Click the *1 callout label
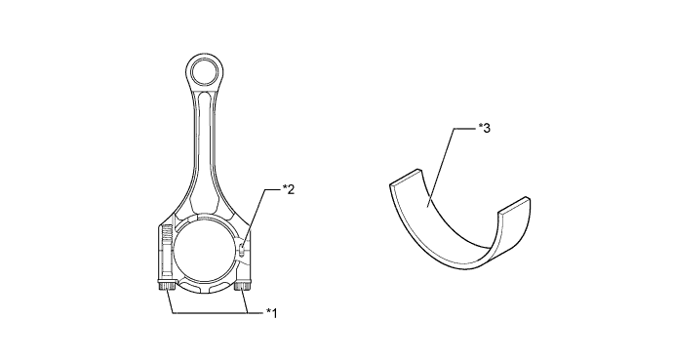click(x=272, y=313)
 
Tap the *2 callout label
click(x=289, y=189)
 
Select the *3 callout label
click(x=484, y=128)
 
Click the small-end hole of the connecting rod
click(x=205, y=72)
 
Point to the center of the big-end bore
click(x=206, y=252)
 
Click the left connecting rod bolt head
click(x=166, y=285)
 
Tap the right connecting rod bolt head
click(x=243, y=286)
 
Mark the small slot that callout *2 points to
click(x=243, y=250)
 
